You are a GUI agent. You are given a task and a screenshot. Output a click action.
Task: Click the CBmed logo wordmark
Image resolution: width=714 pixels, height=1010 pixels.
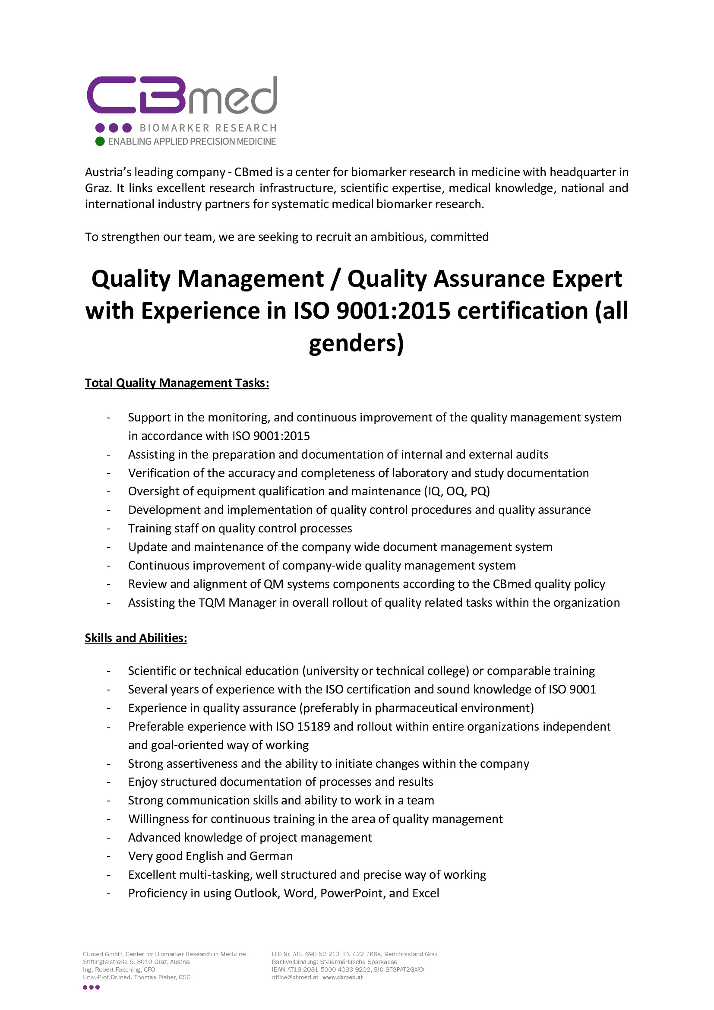[182, 95]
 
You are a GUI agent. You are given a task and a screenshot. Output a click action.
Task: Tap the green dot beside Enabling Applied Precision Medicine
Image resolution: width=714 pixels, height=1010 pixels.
[100, 141]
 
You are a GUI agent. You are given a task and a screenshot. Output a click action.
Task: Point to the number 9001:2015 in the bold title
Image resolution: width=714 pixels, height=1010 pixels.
[394, 311]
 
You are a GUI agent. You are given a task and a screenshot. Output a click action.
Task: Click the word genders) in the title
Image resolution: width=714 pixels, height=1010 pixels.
[356, 343]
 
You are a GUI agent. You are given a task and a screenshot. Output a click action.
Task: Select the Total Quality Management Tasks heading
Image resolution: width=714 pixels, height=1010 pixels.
[177, 383]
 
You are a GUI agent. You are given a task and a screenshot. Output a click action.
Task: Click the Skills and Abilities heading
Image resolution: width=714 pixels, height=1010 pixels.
[136, 638]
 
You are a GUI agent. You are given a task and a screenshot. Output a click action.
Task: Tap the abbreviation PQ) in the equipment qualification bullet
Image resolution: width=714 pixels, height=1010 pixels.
[480, 491]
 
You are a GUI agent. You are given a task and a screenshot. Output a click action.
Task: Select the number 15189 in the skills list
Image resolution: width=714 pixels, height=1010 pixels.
[313, 726]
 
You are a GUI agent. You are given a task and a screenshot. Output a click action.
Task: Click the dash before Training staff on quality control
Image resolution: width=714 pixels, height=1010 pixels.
[108, 529]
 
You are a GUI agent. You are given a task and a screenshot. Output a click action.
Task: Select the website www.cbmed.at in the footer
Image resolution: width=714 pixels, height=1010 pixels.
[342, 978]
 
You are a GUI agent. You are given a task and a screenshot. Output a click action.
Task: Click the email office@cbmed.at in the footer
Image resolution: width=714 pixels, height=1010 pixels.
[295, 978]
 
